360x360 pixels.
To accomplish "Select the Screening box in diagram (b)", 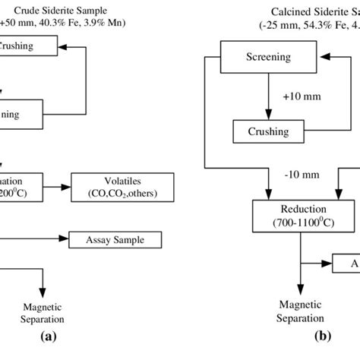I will point(267,57).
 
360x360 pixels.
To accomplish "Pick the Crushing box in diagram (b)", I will point(267,132).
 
